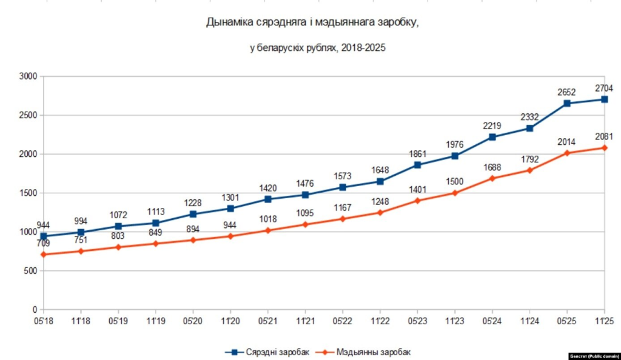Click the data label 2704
click(x=603, y=86)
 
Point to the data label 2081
click(x=603, y=136)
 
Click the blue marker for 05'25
click(x=567, y=103)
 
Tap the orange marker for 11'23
click(x=455, y=193)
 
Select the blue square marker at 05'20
click(x=193, y=214)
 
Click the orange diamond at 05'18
click(x=44, y=255)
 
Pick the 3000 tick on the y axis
click(x=28, y=76)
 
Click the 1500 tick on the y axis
click(x=28, y=193)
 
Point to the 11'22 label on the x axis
click(x=380, y=320)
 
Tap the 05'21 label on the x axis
click(x=268, y=320)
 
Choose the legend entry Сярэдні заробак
click(x=267, y=352)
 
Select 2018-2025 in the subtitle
click(x=363, y=48)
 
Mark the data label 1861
click(x=417, y=153)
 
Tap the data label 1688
click(x=492, y=167)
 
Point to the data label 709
click(x=43, y=244)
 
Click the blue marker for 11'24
click(x=529, y=128)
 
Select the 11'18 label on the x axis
click(x=81, y=320)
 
